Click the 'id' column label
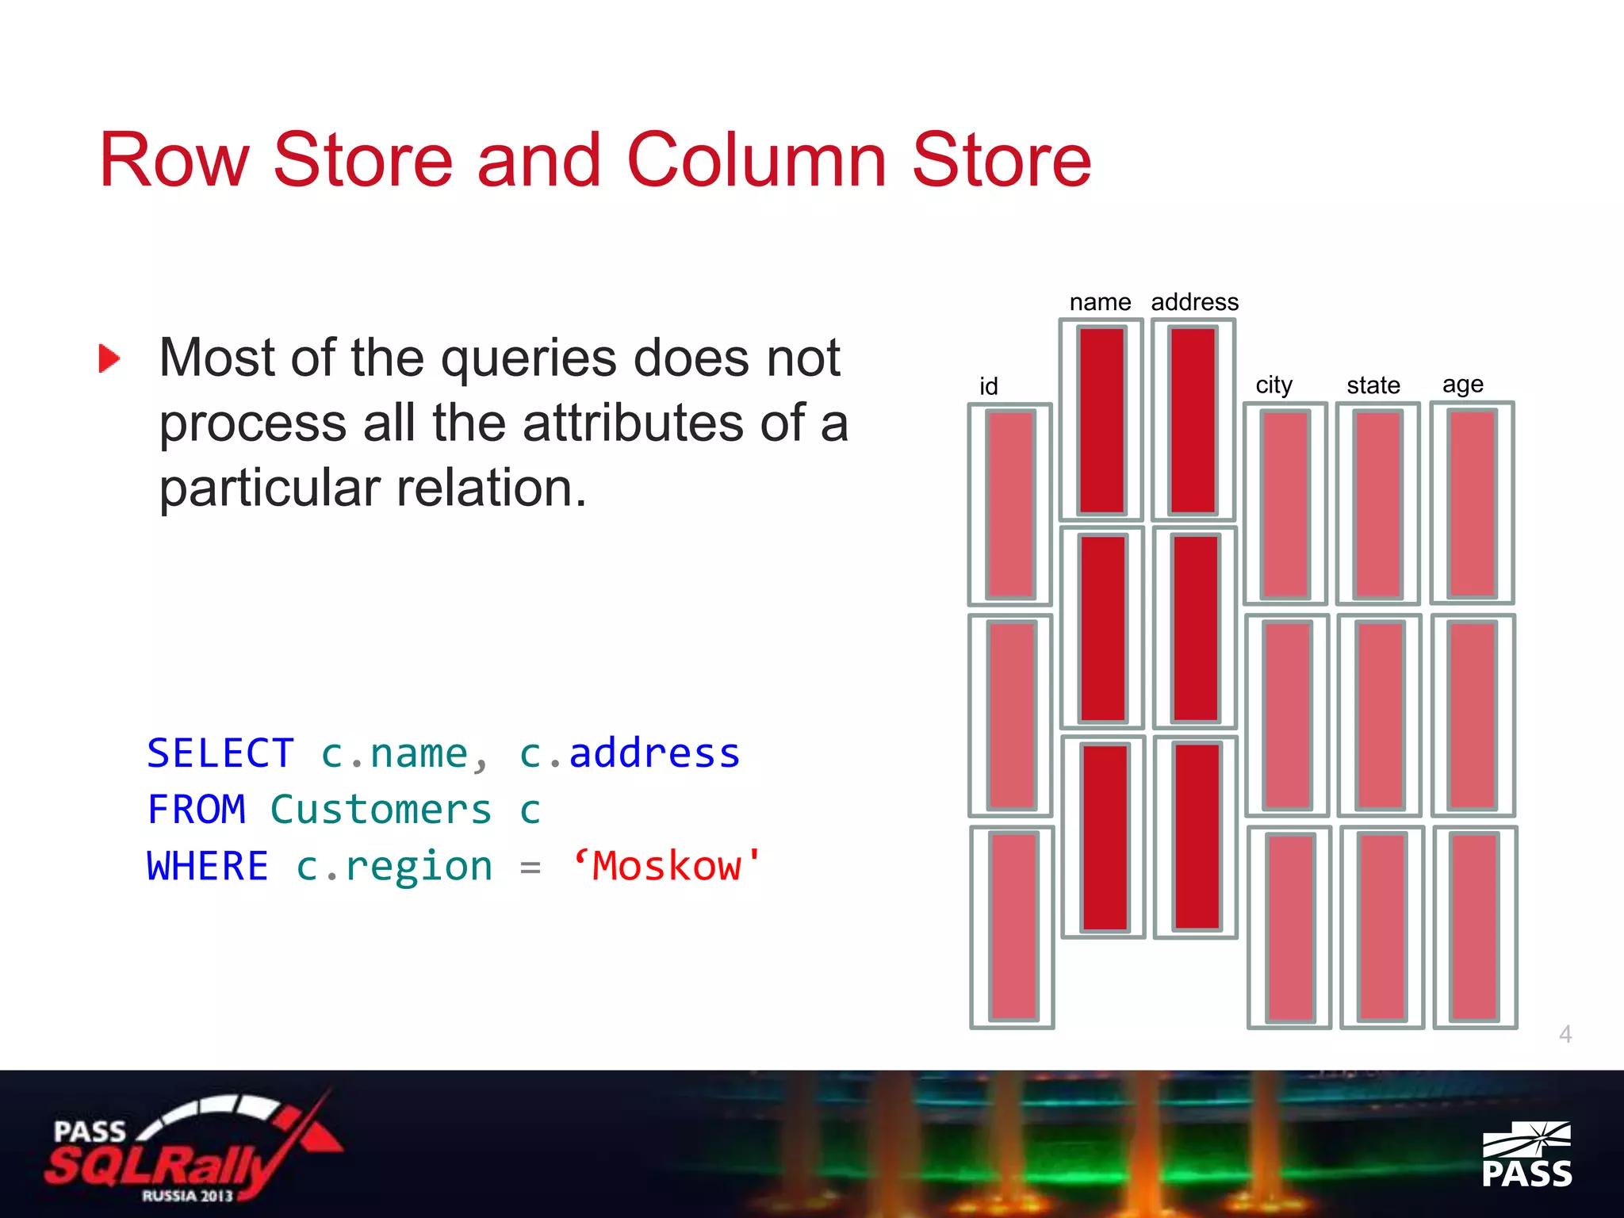(x=988, y=386)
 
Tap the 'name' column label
(x=1100, y=302)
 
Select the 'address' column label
(x=1194, y=302)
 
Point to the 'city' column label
(x=1274, y=385)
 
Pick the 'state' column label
(x=1373, y=385)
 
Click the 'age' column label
(x=1462, y=385)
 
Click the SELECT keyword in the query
(x=220, y=753)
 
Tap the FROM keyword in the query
(x=197, y=810)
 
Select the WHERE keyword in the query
(x=208, y=866)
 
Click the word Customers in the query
(x=381, y=810)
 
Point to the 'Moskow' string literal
(x=666, y=866)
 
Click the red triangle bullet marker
(x=109, y=358)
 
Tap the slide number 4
(x=1565, y=1034)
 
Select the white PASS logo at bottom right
(x=1526, y=1155)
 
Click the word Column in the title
(x=756, y=160)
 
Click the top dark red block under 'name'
(x=1101, y=420)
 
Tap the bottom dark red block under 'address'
(x=1197, y=837)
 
